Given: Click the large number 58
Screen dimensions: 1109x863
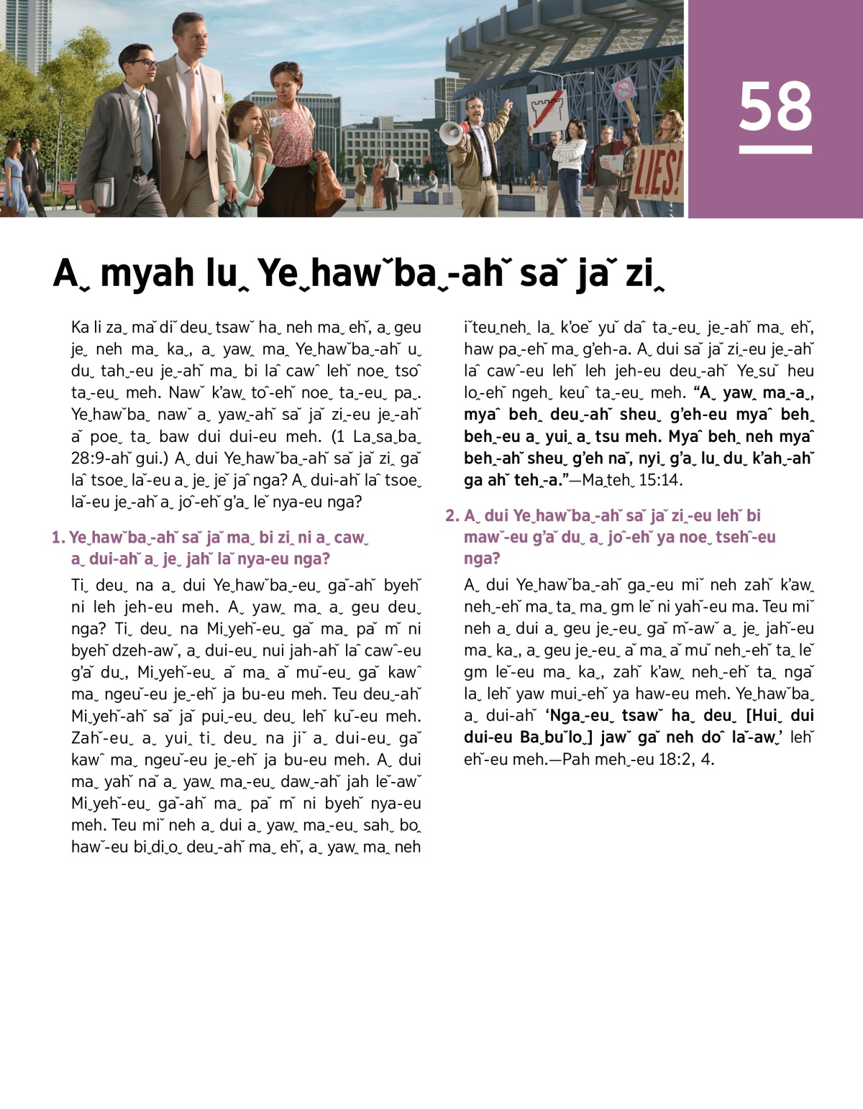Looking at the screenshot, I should click(x=775, y=106).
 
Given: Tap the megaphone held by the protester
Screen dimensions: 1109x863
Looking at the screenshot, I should click(x=452, y=132).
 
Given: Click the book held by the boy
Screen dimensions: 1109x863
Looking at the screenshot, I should click(x=104, y=192).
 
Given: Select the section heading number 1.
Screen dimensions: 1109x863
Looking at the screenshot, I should click(x=58, y=538).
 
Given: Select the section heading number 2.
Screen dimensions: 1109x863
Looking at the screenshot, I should click(x=452, y=515).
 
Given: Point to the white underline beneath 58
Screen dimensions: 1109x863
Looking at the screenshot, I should click(x=775, y=149).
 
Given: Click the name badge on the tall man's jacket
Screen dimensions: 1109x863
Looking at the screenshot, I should click(x=216, y=98).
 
